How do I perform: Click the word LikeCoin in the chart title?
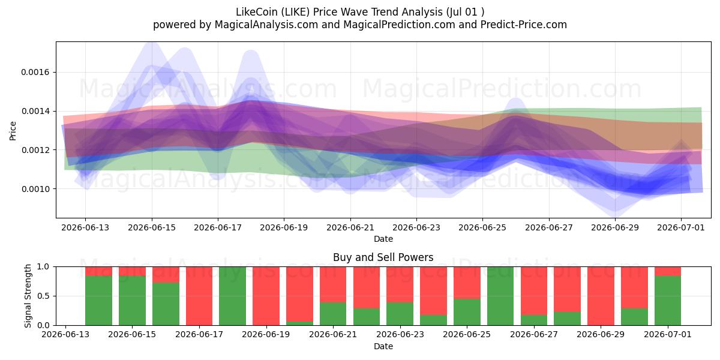click(257, 12)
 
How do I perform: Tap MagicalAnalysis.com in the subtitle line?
click(266, 25)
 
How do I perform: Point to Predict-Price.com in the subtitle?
click(524, 25)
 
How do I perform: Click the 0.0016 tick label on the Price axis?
click(35, 73)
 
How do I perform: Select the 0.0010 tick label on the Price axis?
click(35, 189)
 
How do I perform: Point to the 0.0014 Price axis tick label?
click(35, 111)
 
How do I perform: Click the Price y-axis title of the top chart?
click(13, 131)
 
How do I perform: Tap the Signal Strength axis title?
click(28, 296)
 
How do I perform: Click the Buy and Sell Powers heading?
click(383, 257)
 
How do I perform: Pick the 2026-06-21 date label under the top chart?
click(350, 227)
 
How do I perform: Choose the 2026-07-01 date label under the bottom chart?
click(668, 334)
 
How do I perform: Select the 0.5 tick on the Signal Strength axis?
click(43, 296)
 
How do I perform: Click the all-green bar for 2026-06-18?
click(232, 296)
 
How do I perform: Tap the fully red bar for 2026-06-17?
click(199, 296)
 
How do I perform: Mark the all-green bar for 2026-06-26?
click(500, 296)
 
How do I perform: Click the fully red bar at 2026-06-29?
click(601, 296)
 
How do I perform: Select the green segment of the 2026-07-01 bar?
click(668, 301)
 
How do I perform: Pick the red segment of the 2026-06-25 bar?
click(467, 283)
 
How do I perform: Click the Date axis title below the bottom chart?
click(383, 346)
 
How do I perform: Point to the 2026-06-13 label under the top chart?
click(85, 227)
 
